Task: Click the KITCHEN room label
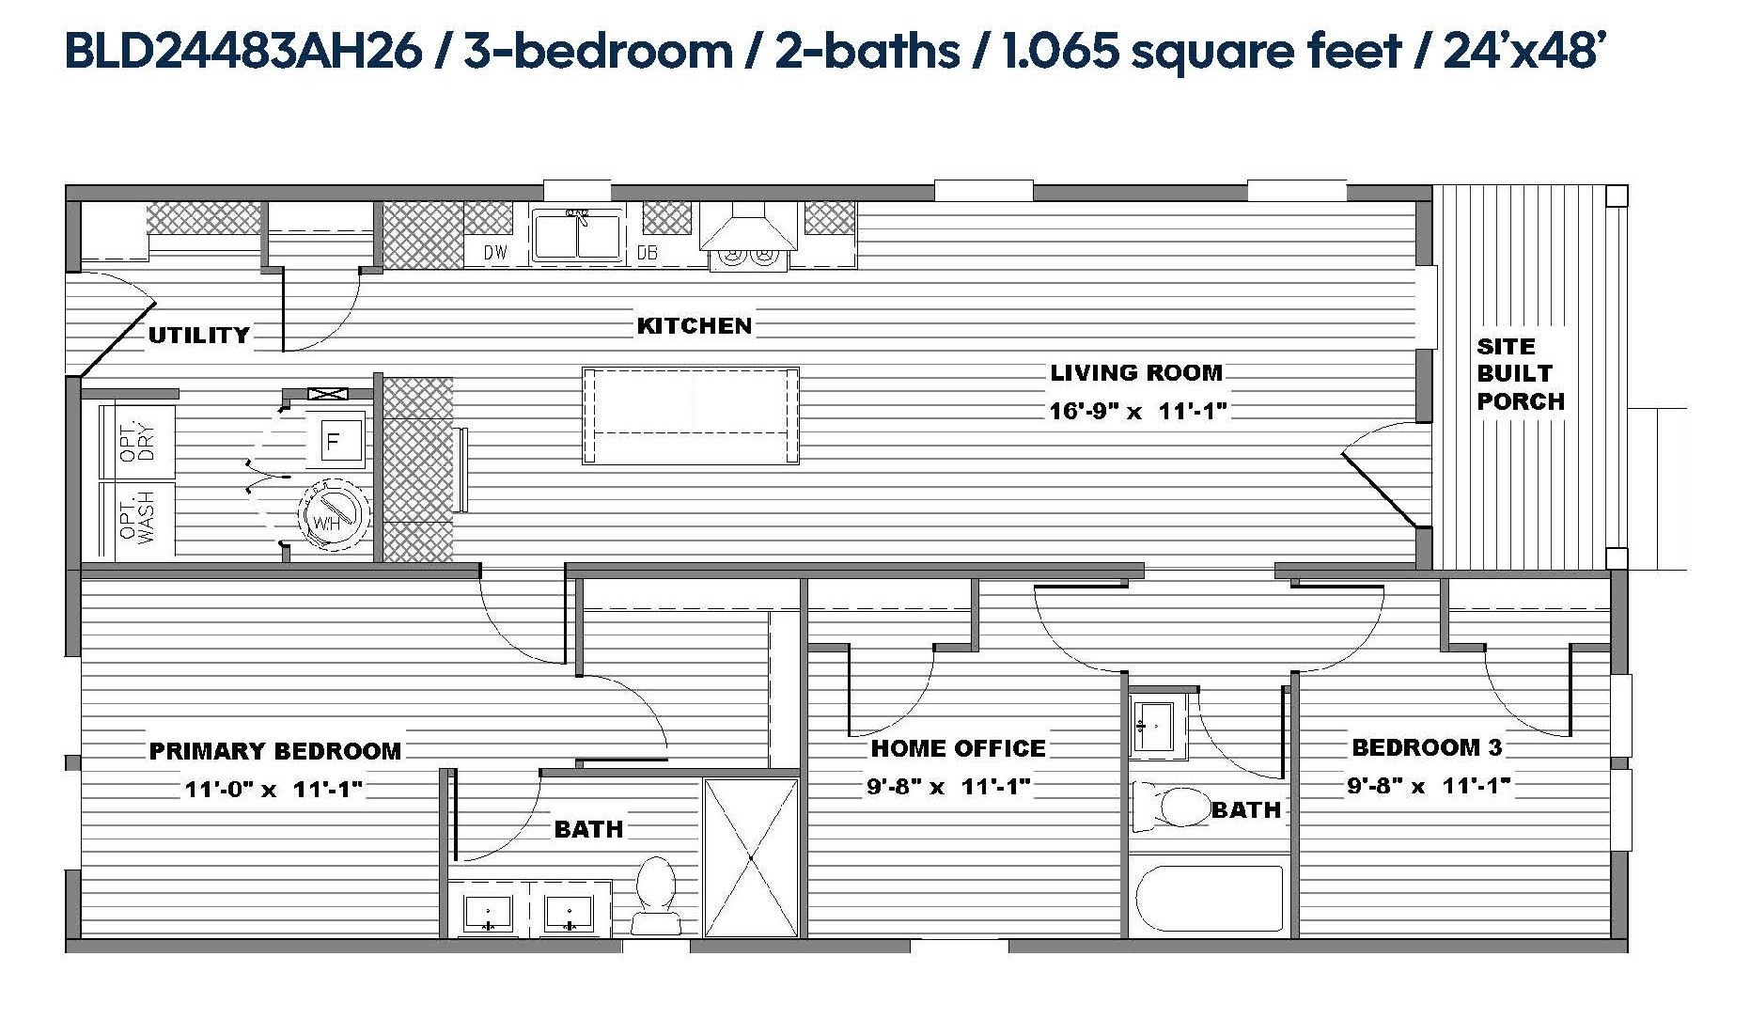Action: pos(695,326)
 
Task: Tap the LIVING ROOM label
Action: pos(1136,372)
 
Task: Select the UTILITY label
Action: pos(199,335)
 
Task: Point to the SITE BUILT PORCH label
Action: pos(1520,374)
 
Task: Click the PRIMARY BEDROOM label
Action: pos(275,751)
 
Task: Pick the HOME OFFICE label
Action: pos(958,748)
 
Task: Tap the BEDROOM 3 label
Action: pos(1427,747)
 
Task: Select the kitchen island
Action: pos(691,415)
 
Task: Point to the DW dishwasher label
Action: pos(495,252)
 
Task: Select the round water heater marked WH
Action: pos(333,514)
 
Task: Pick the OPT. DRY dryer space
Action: pos(137,441)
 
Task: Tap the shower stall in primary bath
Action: pos(751,856)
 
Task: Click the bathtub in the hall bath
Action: pos(1210,898)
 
